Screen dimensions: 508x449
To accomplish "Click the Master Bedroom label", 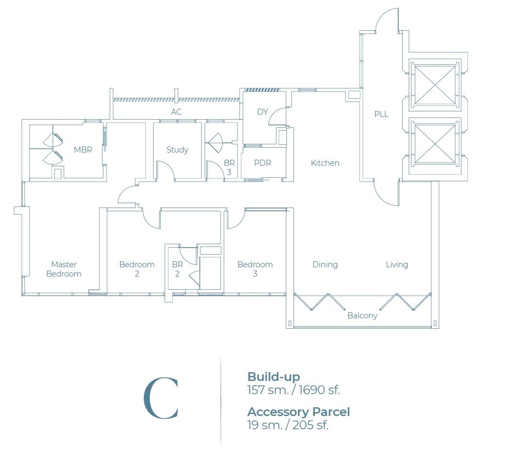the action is pos(64,269).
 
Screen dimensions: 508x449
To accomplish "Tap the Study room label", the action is pos(177,150).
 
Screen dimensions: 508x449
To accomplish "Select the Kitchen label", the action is pos(325,162).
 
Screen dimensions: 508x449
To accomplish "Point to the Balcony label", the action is pos(362,316).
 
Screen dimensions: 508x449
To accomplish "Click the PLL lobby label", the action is pos(381,114).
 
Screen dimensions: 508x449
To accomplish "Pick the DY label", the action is pos(262,112).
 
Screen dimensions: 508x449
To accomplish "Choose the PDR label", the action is pos(262,162).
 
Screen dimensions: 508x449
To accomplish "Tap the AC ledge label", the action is pos(176,112).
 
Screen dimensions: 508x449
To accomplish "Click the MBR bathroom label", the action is pos(83,150).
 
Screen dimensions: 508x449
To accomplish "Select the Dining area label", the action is pos(325,265).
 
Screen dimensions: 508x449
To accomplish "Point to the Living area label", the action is pos(397,265).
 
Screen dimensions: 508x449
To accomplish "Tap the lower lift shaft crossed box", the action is pos(435,144).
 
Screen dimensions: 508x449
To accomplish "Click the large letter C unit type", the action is pos(161,398).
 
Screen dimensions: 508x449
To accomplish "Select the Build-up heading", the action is pos(273,377).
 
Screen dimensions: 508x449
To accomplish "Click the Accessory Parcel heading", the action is pos(298,412).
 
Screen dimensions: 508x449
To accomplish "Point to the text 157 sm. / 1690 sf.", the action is pos(293,390).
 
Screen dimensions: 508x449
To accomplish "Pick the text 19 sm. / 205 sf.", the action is pos(287,425).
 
